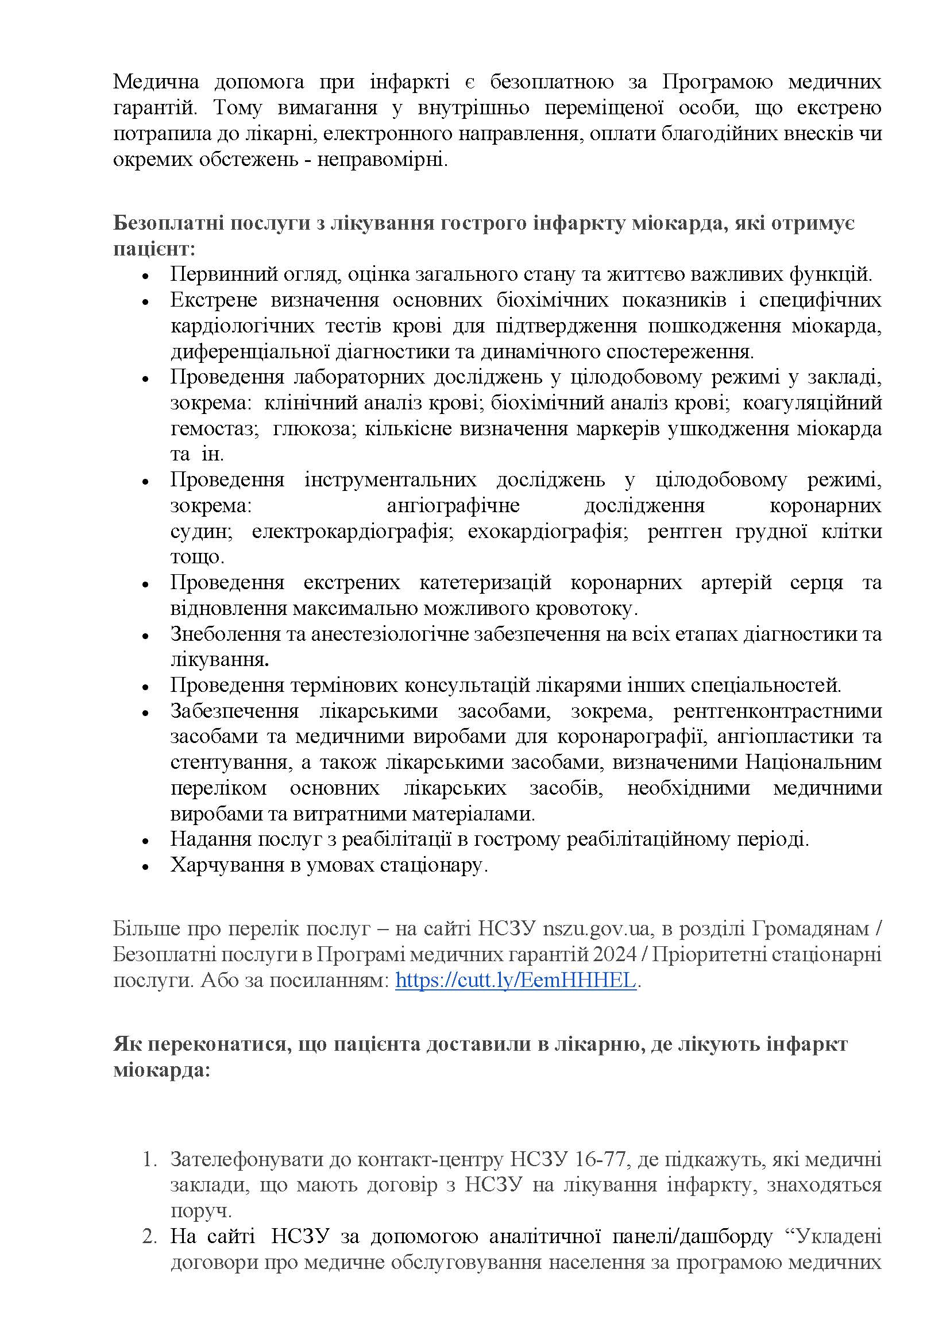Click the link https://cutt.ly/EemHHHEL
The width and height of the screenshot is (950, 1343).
[x=515, y=980]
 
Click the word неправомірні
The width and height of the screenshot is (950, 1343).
[x=383, y=160]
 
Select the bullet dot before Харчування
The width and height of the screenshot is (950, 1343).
[x=146, y=866]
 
